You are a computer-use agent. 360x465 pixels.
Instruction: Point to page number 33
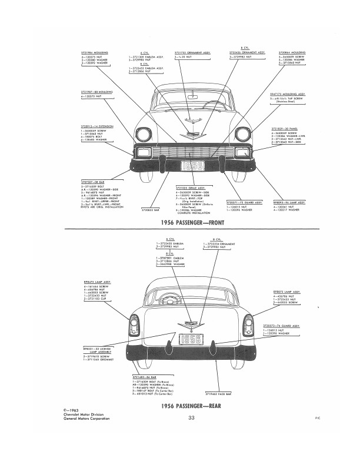click(x=192, y=418)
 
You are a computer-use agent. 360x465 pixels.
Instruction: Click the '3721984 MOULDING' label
click(x=93, y=52)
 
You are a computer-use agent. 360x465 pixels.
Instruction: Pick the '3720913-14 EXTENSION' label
click(x=94, y=126)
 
